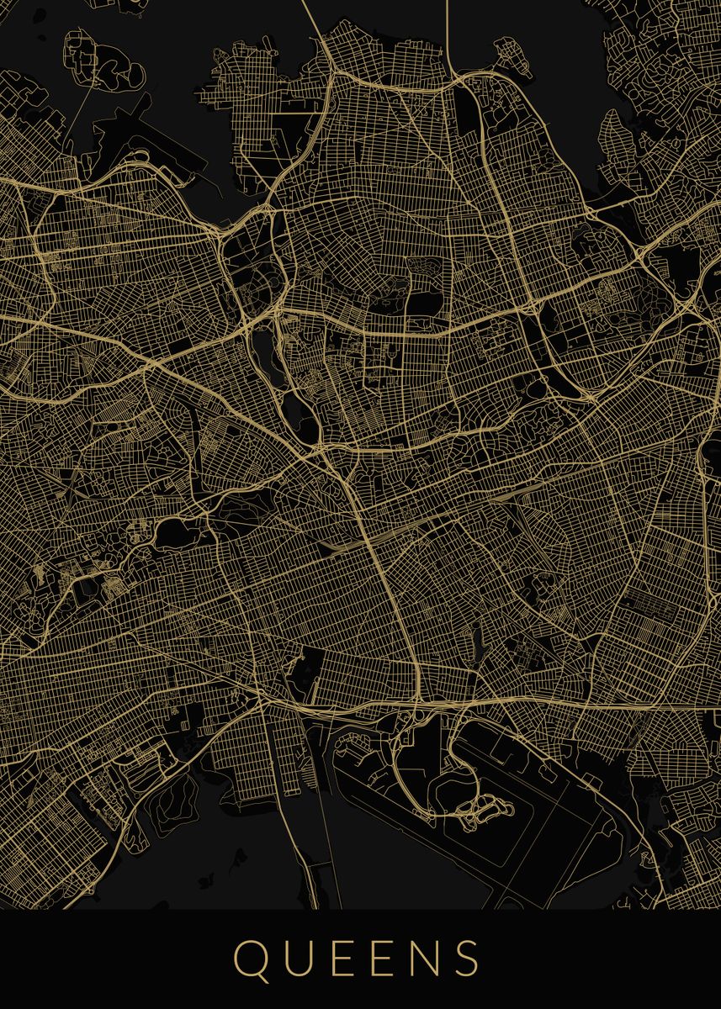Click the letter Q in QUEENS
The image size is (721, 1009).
[251, 959]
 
